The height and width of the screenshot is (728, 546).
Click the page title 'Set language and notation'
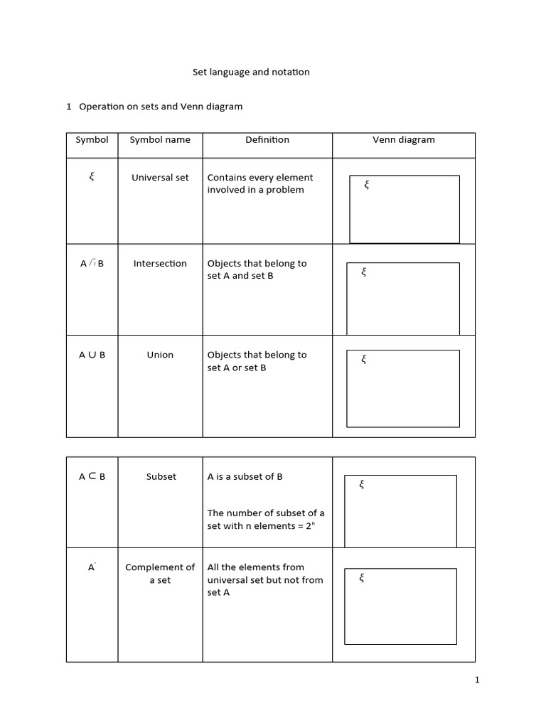point(251,72)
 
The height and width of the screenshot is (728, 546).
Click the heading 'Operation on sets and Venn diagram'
point(161,107)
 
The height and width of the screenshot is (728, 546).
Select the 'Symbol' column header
point(92,140)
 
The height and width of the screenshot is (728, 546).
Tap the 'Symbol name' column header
point(160,140)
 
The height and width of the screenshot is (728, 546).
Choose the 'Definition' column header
point(267,140)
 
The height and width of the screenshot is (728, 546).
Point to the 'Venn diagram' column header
point(403,140)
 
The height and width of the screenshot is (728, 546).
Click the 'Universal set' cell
point(160,178)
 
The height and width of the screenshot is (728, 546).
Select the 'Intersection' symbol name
point(160,264)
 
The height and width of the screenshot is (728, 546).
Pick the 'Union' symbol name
point(160,355)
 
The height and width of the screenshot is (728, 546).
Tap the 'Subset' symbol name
point(161,477)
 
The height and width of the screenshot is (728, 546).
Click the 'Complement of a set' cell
point(160,574)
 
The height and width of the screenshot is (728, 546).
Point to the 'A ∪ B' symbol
point(92,355)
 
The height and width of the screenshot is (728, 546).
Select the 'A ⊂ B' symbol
point(92,477)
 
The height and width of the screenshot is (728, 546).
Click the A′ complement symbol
point(92,567)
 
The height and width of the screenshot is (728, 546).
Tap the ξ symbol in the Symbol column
point(92,177)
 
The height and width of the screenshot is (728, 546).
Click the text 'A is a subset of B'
point(245,477)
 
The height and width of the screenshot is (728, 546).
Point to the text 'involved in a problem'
point(255,190)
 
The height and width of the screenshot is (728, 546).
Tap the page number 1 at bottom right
point(477,680)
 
